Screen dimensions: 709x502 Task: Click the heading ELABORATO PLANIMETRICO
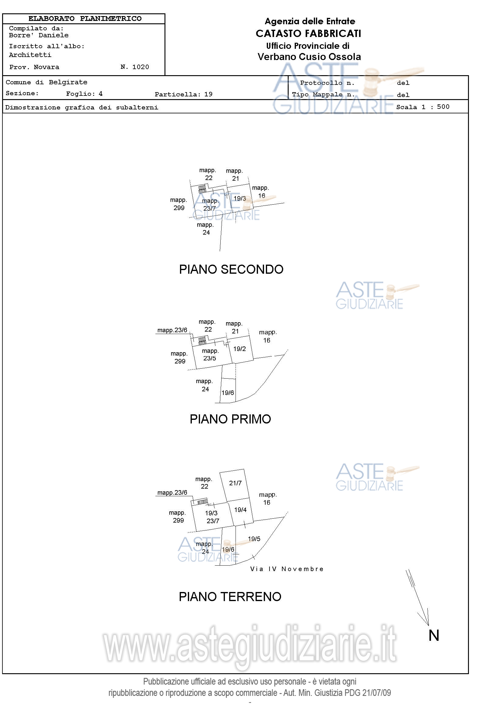tap(85, 18)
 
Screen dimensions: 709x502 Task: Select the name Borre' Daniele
tap(39, 35)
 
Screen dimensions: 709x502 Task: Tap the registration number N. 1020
tap(134, 67)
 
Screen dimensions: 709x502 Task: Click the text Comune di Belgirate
tap(46, 82)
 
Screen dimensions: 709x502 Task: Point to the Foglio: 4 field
tap(84, 94)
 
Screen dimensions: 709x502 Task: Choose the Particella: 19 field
tap(183, 94)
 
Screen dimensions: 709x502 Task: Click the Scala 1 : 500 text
tap(422, 107)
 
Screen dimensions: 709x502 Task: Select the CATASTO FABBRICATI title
tap(308, 33)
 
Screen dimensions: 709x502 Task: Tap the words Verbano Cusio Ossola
tap(309, 56)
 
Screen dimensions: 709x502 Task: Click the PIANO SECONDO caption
tap(231, 269)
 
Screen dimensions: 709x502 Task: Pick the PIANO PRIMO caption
tap(230, 419)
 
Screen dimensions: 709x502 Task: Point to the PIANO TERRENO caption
tap(230, 597)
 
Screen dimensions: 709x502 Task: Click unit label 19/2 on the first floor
tap(239, 349)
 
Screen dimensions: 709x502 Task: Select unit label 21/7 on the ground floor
tap(235, 483)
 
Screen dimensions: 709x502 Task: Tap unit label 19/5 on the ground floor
tap(254, 539)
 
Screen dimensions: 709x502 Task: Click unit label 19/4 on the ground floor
tap(240, 510)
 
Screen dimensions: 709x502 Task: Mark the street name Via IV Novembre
tap(287, 569)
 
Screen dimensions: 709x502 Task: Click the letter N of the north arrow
tap(434, 636)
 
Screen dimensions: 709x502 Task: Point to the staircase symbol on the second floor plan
tap(202, 189)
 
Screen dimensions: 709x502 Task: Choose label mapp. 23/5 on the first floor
tap(210, 355)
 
